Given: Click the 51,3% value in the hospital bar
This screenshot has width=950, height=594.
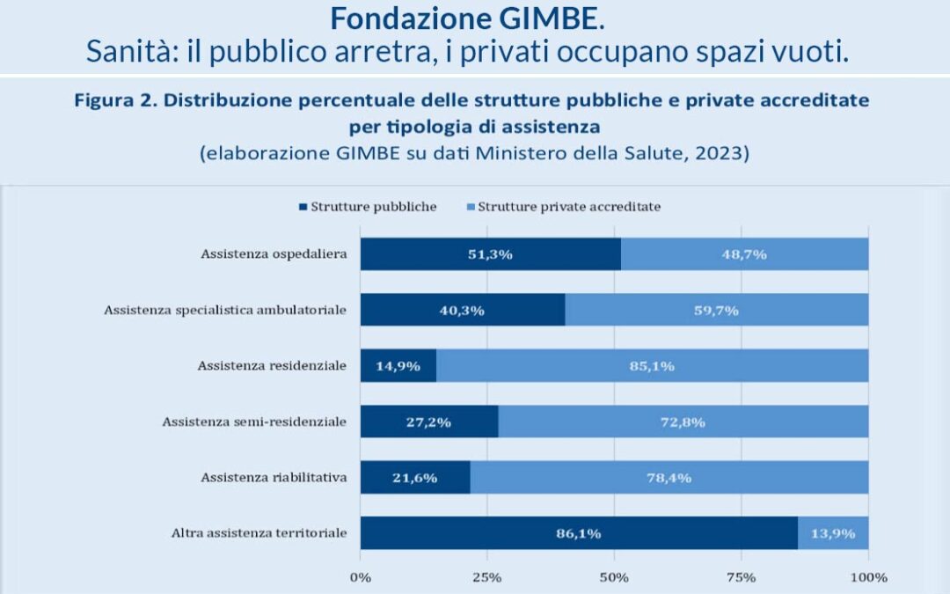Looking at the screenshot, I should [490, 254].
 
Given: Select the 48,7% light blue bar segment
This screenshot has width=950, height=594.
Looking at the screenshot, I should [744, 254].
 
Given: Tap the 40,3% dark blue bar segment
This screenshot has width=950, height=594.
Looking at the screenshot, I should [463, 310].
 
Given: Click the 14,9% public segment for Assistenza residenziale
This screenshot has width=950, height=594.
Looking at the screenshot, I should [398, 365].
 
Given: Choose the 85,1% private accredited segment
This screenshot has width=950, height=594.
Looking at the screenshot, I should [652, 365].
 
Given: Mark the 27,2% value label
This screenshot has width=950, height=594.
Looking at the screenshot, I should [428, 422].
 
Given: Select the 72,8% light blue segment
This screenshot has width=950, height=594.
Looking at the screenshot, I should [683, 422].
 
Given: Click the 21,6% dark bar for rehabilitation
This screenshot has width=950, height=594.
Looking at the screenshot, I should [415, 477].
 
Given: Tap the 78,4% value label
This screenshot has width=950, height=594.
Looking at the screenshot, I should [669, 477].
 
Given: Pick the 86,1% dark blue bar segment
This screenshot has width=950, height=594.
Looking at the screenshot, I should [579, 532].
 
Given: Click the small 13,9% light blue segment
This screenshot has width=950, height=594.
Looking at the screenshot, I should [833, 532].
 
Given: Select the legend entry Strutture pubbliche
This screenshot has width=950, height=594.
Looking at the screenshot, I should [368, 207].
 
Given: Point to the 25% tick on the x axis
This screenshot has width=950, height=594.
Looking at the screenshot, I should [487, 577].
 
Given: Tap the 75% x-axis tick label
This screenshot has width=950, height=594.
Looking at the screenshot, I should [741, 577].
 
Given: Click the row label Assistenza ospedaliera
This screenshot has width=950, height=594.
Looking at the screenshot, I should [273, 254].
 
